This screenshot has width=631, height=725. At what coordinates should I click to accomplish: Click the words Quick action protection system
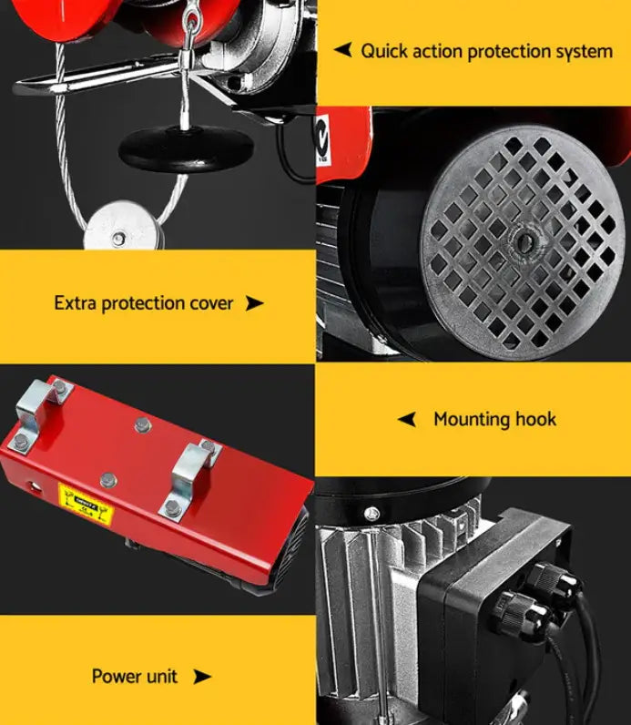(486, 51)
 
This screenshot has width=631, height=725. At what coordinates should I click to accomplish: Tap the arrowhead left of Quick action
(342, 50)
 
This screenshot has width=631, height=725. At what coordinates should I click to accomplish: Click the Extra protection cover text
(144, 302)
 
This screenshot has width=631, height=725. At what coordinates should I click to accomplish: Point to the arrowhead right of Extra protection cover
(255, 303)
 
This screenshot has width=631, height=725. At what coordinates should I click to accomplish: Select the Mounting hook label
(494, 420)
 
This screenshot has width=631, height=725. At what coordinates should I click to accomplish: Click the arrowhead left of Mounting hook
(408, 420)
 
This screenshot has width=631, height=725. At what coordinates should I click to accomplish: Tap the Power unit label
(135, 676)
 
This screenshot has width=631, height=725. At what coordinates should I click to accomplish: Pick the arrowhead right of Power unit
(202, 676)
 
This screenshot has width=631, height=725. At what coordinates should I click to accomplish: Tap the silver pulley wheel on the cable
(118, 235)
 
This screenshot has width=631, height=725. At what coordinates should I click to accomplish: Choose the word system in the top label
(579, 51)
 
